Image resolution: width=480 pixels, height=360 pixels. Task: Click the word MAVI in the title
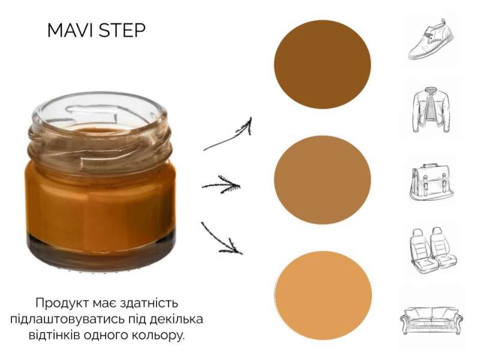pos(70,31)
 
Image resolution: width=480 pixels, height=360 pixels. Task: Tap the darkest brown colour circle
pos(322,64)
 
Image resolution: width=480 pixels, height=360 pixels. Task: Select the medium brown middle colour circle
pos(322,180)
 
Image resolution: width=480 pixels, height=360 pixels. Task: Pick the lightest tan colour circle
pos(323,295)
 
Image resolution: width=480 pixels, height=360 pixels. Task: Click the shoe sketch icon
pos(431,39)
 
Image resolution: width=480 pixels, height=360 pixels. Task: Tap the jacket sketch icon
pos(431,110)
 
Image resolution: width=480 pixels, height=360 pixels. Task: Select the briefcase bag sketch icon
pos(431,183)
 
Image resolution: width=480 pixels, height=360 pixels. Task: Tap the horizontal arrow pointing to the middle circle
pos(221,185)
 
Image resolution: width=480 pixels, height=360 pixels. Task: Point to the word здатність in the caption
pos(149,303)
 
